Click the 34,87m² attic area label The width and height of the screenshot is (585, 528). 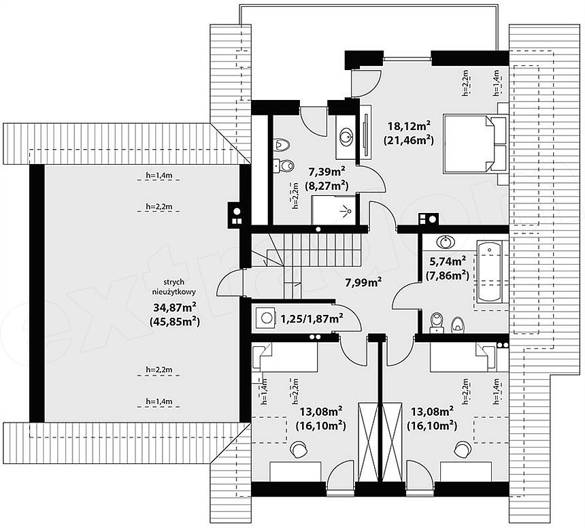coord(175,307)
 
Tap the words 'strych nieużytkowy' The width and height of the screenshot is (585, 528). coord(174,287)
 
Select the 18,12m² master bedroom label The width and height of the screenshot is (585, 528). coord(409,126)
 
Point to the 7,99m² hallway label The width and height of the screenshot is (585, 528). coord(363,282)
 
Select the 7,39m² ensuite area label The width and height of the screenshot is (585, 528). coord(327,171)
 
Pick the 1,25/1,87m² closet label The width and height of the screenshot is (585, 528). coord(312,318)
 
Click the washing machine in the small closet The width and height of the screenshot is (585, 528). coord(266,318)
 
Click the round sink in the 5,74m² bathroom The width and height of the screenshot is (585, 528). coord(446,242)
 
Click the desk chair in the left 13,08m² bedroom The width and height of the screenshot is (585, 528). coord(299,449)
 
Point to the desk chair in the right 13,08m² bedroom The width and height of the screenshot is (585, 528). coord(463,449)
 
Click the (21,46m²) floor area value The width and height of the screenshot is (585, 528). coord(409,140)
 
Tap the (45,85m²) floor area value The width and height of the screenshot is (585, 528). coord(175,321)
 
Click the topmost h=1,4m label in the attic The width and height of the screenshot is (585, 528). coord(159,175)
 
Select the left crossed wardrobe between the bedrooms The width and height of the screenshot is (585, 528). coord(368,443)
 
